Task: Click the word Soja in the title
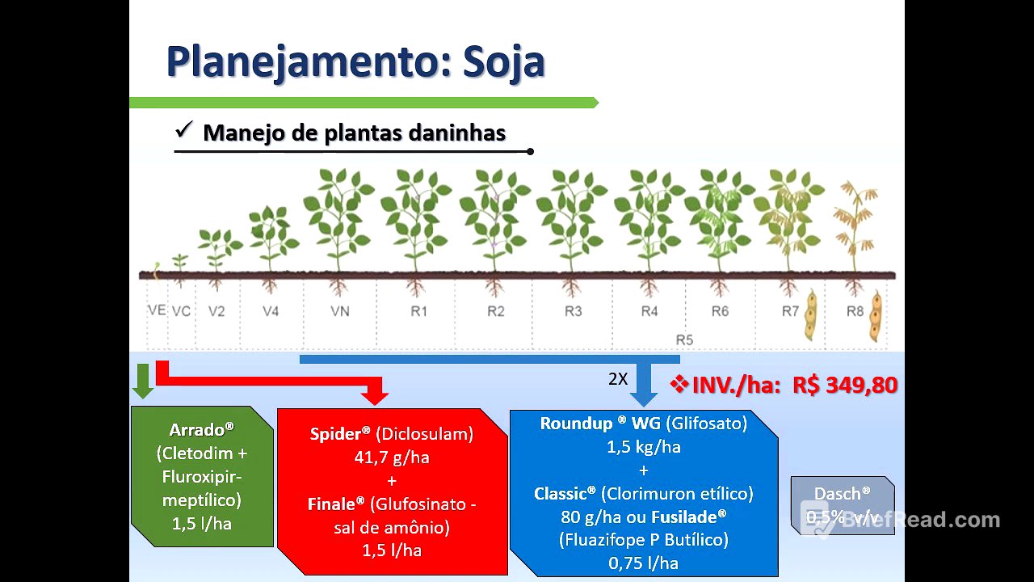tap(503, 61)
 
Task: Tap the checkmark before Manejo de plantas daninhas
tap(183, 129)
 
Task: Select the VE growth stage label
tap(157, 310)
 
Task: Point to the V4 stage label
tap(271, 311)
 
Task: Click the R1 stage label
tap(418, 311)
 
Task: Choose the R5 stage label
tap(684, 339)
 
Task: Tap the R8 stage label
tap(855, 311)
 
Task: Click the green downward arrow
tap(143, 381)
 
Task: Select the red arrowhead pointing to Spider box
tap(376, 395)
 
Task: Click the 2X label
tap(618, 378)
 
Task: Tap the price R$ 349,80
tap(845, 385)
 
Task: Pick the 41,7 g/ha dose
tap(392, 458)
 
